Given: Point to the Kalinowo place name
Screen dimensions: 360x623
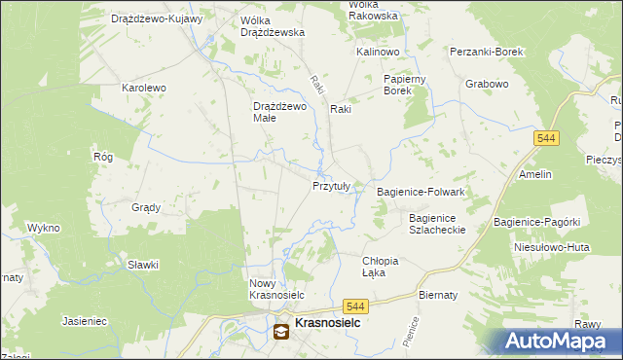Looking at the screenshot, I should (379, 51).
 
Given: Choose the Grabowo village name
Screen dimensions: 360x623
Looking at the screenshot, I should (487, 84).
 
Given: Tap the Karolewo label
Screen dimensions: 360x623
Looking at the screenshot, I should (144, 88).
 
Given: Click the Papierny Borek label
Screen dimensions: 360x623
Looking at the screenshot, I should (408, 85).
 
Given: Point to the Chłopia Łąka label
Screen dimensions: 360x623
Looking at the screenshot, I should (381, 267).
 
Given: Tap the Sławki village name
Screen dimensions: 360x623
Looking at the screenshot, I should (143, 265).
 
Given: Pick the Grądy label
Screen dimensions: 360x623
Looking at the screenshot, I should (146, 207).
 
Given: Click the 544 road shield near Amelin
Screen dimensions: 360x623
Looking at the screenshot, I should (546, 140).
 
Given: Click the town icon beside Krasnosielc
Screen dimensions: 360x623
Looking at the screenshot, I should (281, 332).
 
